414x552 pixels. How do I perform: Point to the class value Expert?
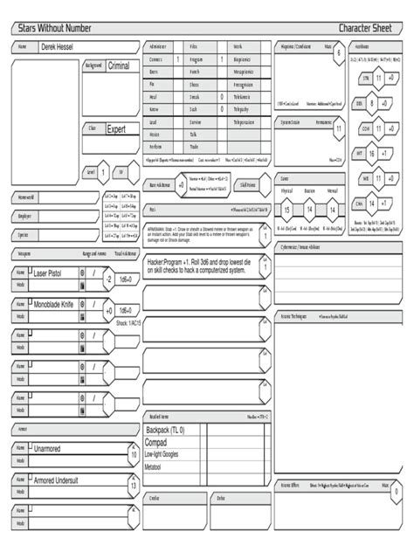pos(116,128)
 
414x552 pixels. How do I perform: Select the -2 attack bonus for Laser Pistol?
pos(108,279)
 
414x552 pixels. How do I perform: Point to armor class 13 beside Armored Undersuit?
pos(133,486)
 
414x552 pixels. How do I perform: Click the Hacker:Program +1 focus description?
pos(204,266)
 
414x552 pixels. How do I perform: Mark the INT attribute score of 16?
pos(371,153)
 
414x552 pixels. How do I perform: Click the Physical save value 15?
pos(286,210)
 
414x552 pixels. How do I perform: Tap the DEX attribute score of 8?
pos(371,103)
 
